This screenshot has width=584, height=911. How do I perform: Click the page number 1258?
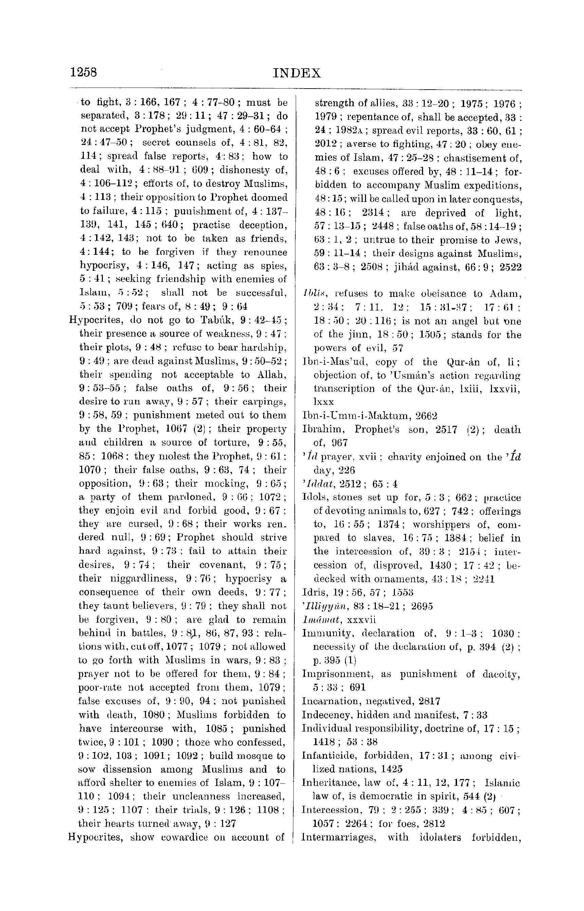click(84, 72)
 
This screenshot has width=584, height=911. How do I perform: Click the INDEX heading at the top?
click(297, 73)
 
